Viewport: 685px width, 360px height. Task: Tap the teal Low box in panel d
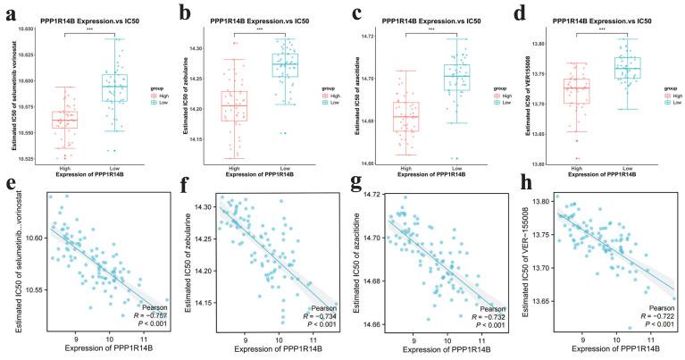click(606, 68)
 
